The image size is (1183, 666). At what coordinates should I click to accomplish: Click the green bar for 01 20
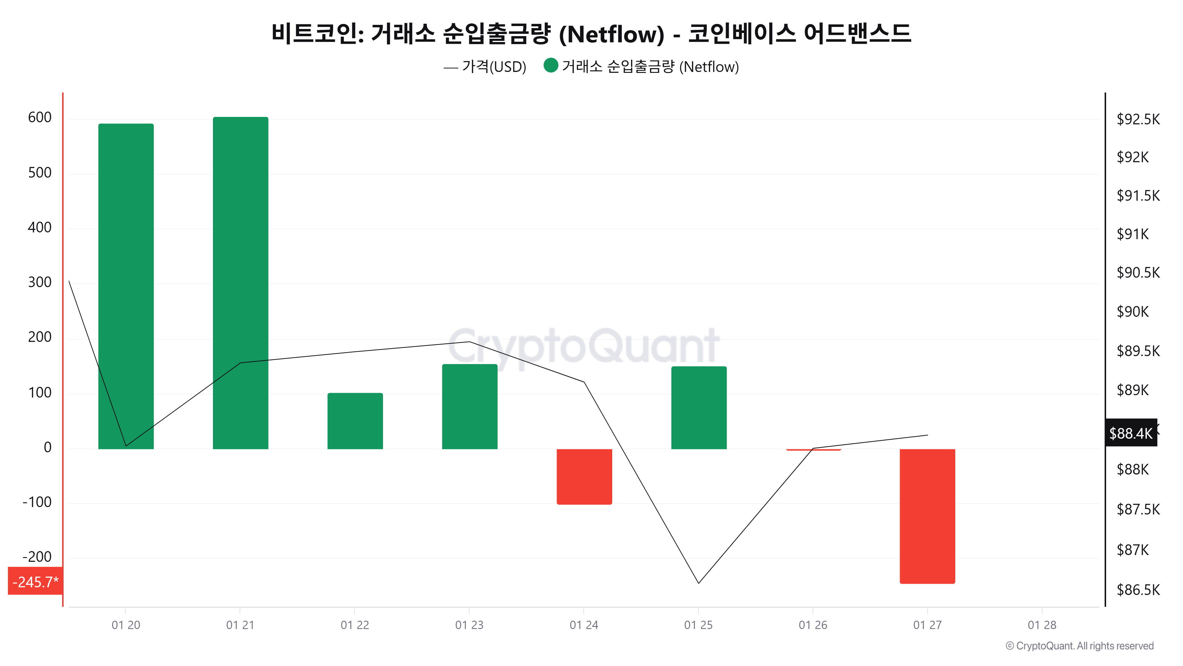pyautogui.click(x=126, y=286)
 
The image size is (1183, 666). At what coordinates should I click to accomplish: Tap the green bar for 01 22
pyautogui.click(x=355, y=421)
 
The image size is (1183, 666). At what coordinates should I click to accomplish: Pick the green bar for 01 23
pyautogui.click(x=469, y=406)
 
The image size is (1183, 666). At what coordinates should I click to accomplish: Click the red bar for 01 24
pyautogui.click(x=584, y=476)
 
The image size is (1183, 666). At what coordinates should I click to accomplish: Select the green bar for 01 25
pyautogui.click(x=699, y=407)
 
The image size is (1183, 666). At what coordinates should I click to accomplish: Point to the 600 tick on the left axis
pyautogui.click(x=40, y=118)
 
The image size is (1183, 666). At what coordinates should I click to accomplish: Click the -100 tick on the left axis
pyautogui.click(x=37, y=502)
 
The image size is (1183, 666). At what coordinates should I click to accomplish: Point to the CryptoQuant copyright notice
pyautogui.click(x=1079, y=646)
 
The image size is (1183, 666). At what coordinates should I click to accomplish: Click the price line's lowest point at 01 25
pyautogui.click(x=699, y=583)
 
